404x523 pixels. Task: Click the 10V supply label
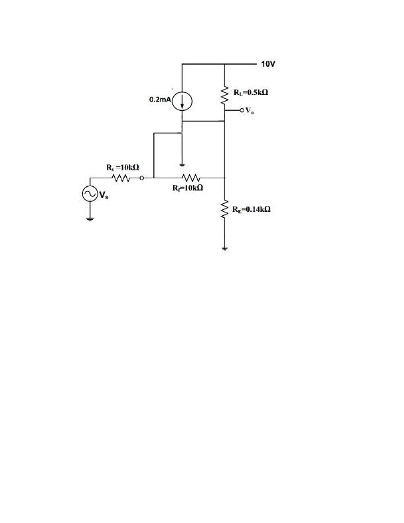coord(268,65)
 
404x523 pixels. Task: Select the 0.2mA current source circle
coord(183,100)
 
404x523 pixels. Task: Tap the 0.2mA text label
coord(160,100)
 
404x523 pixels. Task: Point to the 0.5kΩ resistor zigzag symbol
coord(225,96)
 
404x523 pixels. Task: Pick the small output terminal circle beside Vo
coord(242,110)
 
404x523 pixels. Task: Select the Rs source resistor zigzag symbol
coord(121,178)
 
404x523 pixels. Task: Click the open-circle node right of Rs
coord(141,178)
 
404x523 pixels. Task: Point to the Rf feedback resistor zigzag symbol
coord(191,178)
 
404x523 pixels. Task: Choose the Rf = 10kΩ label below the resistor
coord(187,188)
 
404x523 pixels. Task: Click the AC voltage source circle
coord(88,193)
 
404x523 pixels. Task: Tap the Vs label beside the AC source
coord(104,194)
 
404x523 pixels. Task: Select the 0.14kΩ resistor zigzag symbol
coord(225,210)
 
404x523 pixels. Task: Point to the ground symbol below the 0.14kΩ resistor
coord(225,248)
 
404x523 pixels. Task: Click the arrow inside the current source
coord(183,101)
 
